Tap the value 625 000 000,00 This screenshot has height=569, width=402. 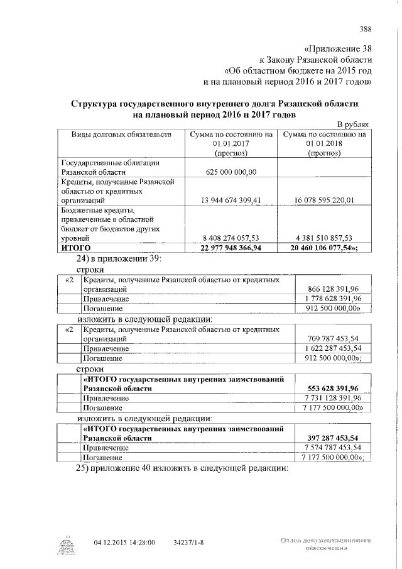click(231, 171)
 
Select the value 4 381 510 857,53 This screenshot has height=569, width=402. click(325, 238)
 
